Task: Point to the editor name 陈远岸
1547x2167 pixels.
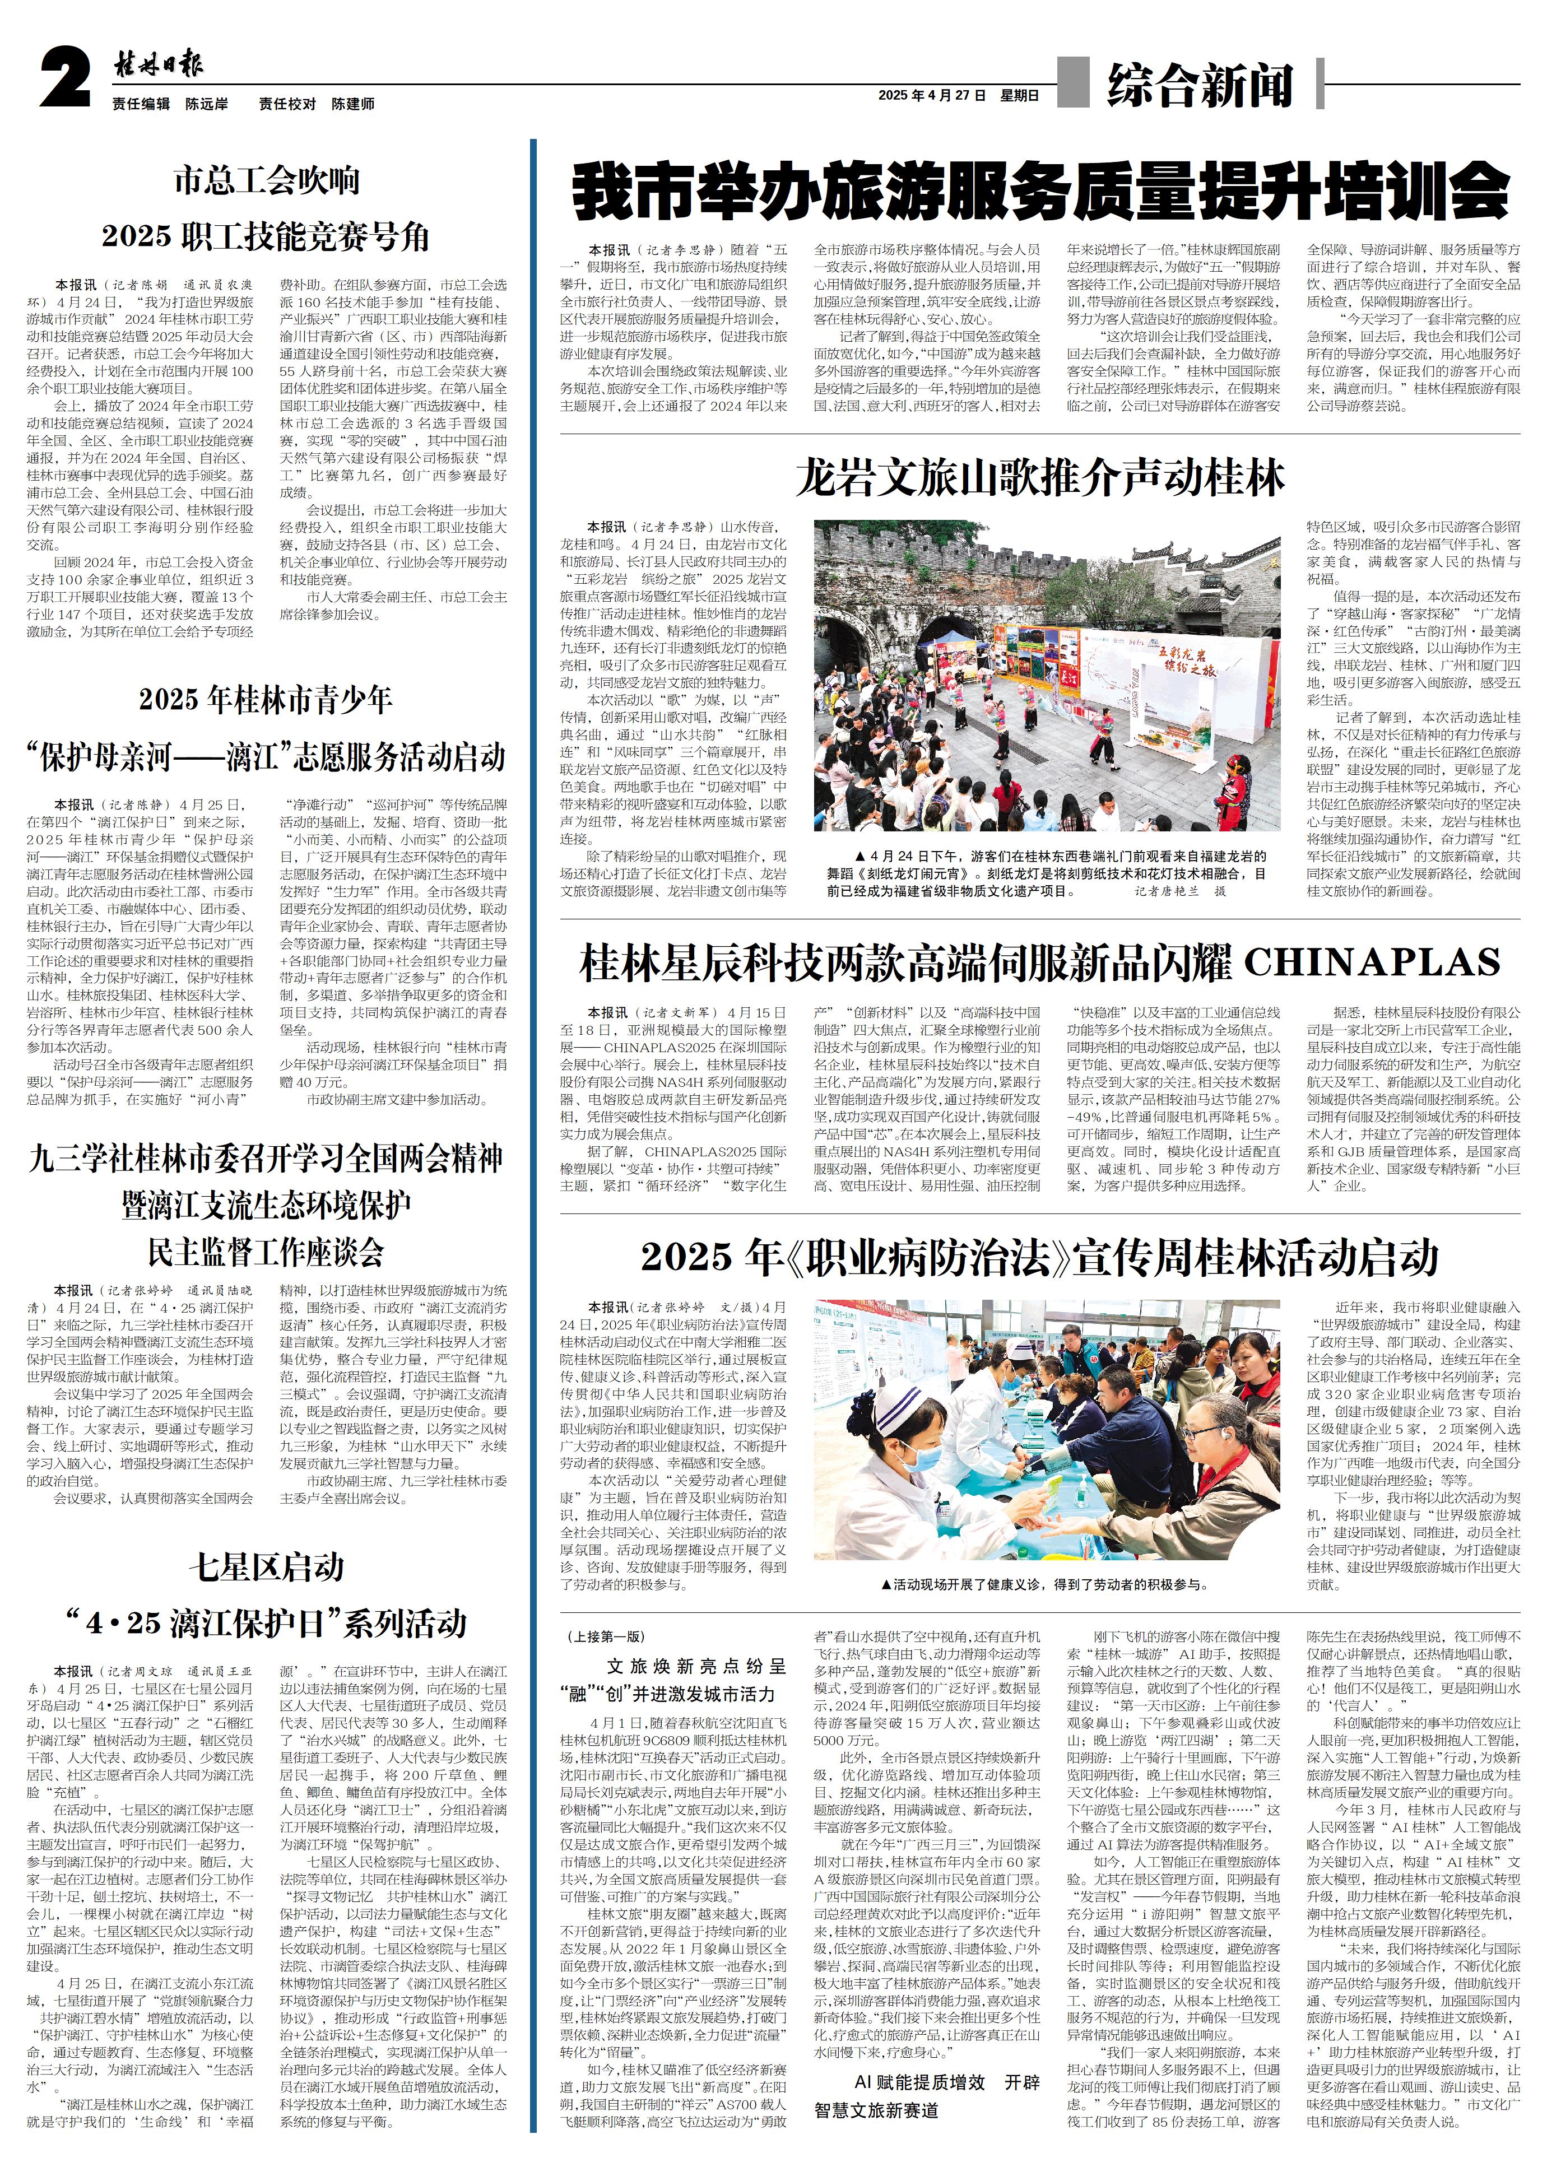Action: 207,104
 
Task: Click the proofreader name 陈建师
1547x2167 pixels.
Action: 352,104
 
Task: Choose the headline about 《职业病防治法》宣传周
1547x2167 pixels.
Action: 1040,1257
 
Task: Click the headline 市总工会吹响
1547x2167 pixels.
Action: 267,180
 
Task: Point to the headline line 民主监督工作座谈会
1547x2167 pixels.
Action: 267,1250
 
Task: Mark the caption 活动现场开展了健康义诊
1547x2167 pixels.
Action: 1046,1585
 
